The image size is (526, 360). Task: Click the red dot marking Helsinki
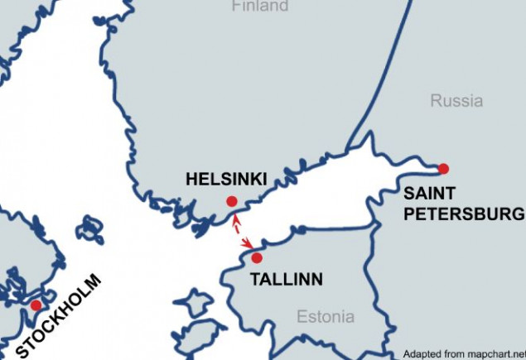pyautogui.click(x=232, y=201)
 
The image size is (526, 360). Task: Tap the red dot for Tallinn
pyautogui.click(x=257, y=258)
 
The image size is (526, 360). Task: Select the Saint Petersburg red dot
pyautogui.click(x=443, y=169)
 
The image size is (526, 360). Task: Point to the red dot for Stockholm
pyautogui.click(x=36, y=305)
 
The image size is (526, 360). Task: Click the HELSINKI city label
pyautogui.click(x=226, y=179)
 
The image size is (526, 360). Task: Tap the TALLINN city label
pyautogui.click(x=287, y=280)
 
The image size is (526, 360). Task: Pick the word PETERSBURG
pyautogui.click(x=465, y=215)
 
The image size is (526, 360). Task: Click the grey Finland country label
pyautogui.click(x=260, y=7)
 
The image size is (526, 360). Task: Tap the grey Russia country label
pyautogui.click(x=456, y=101)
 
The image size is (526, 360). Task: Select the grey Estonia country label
pyautogui.click(x=326, y=317)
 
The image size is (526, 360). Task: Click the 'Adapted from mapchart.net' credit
pyautogui.click(x=463, y=352)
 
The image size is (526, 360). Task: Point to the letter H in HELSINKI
pyautogui.click(x=192, y=179)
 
